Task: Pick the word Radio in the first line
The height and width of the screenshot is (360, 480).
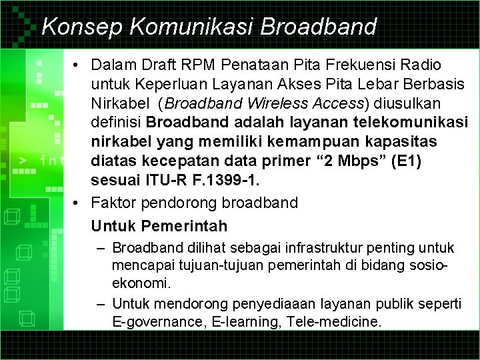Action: click(419, 66)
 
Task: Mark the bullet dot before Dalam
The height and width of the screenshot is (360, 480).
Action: click(78, 66)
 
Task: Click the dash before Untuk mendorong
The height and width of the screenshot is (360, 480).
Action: click(99, 304)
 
